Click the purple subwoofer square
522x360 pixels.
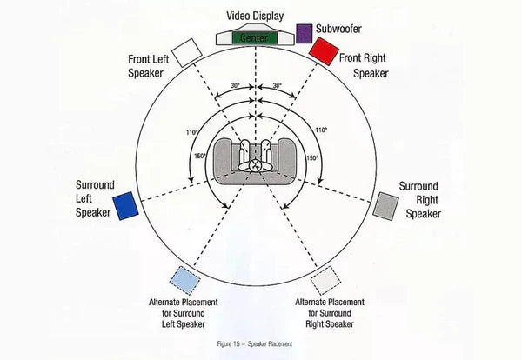(304, 34)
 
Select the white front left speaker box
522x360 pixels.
(186, 53)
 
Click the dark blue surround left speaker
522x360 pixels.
(124, 204)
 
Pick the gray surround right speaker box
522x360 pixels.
(385, 205)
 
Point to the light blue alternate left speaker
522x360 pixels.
(184, 280)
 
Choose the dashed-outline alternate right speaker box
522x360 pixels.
(325, 281)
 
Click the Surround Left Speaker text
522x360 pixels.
(93, 199)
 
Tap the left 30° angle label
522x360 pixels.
(235, 86)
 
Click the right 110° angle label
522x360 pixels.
(321, 130)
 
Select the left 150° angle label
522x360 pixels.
(201, 157)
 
